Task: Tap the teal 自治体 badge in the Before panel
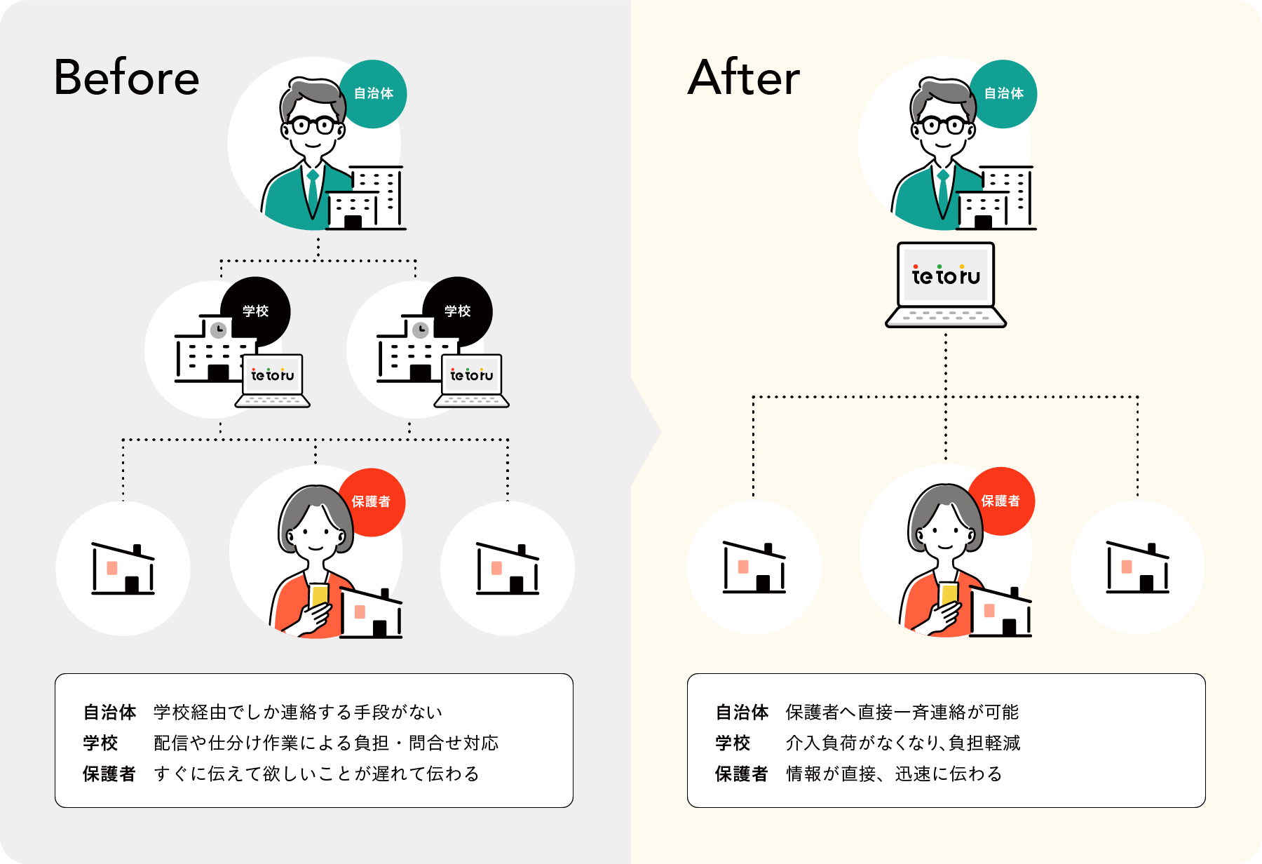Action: (373, 94)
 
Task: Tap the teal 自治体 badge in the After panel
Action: (1003, 94)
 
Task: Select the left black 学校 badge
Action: (255, 311)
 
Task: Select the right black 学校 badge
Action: (457, 311)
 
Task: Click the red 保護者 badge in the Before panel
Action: (372, 501)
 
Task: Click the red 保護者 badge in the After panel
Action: (1000, 501)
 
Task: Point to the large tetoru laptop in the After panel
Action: (946, 284)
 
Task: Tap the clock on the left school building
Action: (219, 330)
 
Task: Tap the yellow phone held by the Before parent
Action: (319, 596)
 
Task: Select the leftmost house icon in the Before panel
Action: (123, 569)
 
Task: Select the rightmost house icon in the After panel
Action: (1137, 567)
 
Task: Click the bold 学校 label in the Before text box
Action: (100, 743)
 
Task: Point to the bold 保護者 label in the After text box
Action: (741, 774)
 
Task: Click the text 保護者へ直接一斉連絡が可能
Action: (902, 712)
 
